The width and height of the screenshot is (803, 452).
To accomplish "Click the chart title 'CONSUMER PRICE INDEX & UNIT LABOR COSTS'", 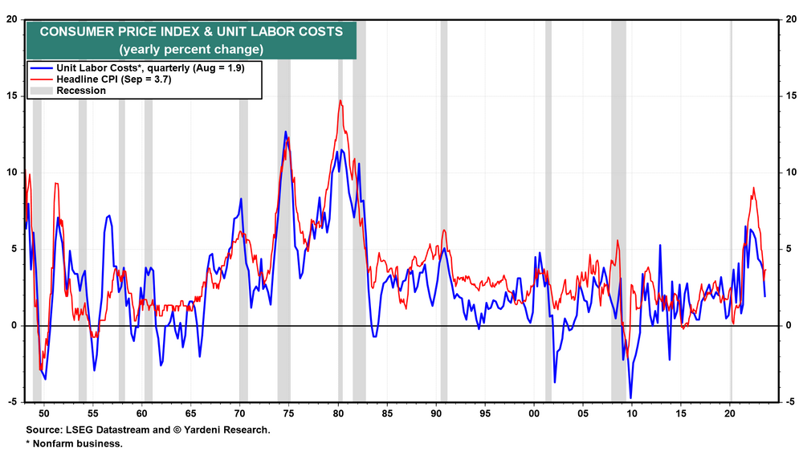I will [x=191, y=32].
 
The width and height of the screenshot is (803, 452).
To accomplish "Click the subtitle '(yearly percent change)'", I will [x=191, y=49].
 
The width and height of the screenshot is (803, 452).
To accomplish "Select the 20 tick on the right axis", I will [x=790, y=19].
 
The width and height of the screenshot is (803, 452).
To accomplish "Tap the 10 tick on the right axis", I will [x=790, y=173].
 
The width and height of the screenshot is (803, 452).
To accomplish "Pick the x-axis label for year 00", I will [x=534, y=413].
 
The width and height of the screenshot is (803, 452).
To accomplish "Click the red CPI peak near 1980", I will [x=340, y=101].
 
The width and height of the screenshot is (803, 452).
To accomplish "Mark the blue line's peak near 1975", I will [x=285, y=132].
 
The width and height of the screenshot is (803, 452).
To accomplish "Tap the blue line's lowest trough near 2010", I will [x=630, y=397].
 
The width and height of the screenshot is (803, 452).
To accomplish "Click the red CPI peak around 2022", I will [x=753, y=188].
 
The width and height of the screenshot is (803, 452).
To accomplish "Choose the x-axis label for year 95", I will [x=485, y=413].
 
